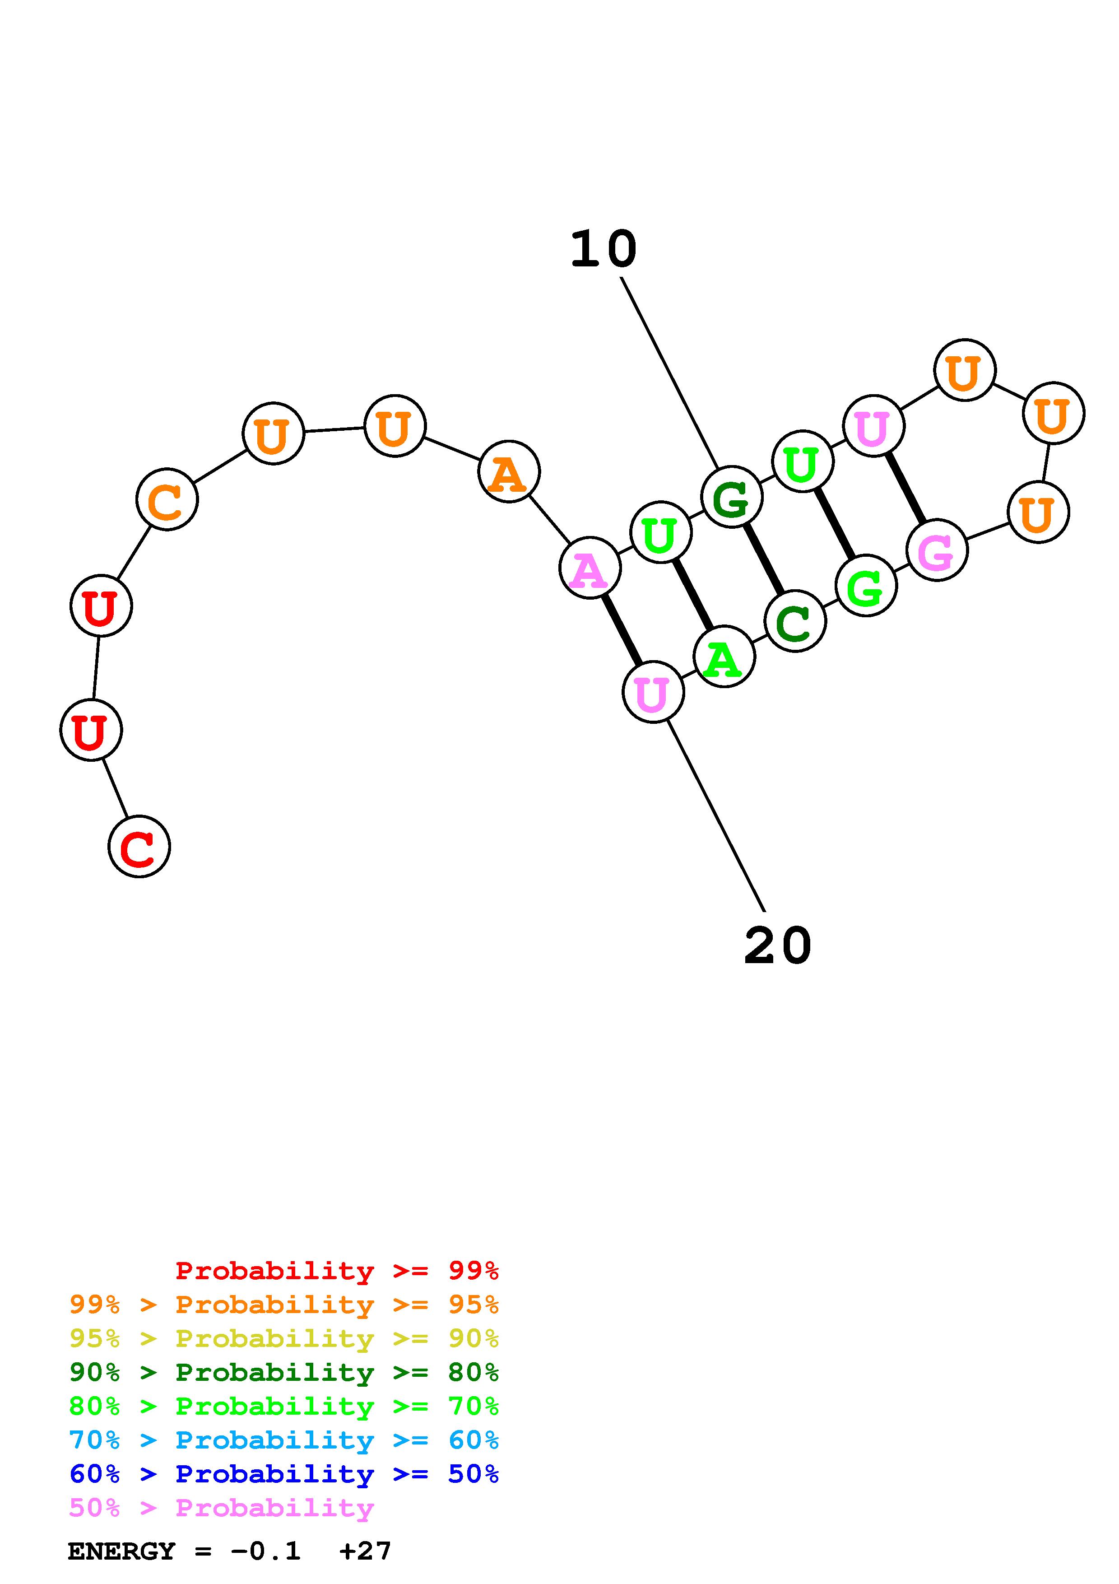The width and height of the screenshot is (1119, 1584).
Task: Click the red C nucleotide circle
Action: click(x=139, y=847)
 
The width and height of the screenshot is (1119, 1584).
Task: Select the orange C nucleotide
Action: click(x=167, y=499)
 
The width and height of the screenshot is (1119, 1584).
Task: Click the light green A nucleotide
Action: click(x=724, y=657)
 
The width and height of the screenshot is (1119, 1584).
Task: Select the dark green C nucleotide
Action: click(x=795, y=621)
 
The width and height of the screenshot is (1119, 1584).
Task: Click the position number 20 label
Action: click(x=778, y=946)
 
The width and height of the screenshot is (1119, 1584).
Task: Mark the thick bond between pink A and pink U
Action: click(x=621, y=629)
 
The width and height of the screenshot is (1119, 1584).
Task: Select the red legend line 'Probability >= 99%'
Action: click(x=336, y=1271)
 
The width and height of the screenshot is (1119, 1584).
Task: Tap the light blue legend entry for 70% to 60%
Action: click(x=284, y=1440)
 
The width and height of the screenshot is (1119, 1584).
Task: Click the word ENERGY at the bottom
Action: click(x=121, y=1551)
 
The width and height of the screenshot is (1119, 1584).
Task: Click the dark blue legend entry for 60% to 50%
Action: click(x=284, y=1474)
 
